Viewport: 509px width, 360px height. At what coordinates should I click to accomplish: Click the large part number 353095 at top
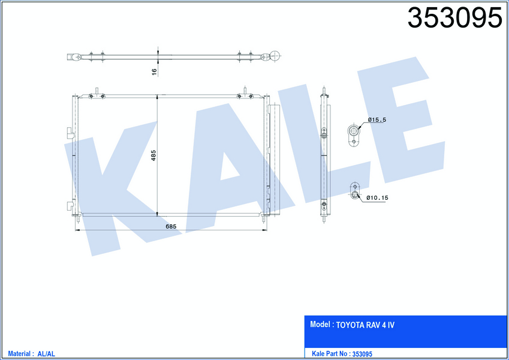tap(455, 18)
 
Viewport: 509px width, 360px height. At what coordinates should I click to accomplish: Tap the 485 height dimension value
tap(153, 155)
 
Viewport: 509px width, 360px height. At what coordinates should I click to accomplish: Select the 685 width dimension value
tap(171, 226)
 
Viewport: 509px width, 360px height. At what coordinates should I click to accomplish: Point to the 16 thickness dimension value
tap(154, 72)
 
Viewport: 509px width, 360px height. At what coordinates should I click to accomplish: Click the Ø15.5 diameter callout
tap(377, 120)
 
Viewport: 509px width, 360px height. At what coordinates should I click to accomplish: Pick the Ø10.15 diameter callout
tap(377, 197)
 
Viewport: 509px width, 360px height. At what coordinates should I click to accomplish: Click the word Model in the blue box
tap(320, 324)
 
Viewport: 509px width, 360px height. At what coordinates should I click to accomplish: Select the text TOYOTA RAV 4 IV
tap(365, 325)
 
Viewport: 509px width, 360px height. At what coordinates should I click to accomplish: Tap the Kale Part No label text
tap(330, 353)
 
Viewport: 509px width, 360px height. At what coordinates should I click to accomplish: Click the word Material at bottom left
tap(19, 353)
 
